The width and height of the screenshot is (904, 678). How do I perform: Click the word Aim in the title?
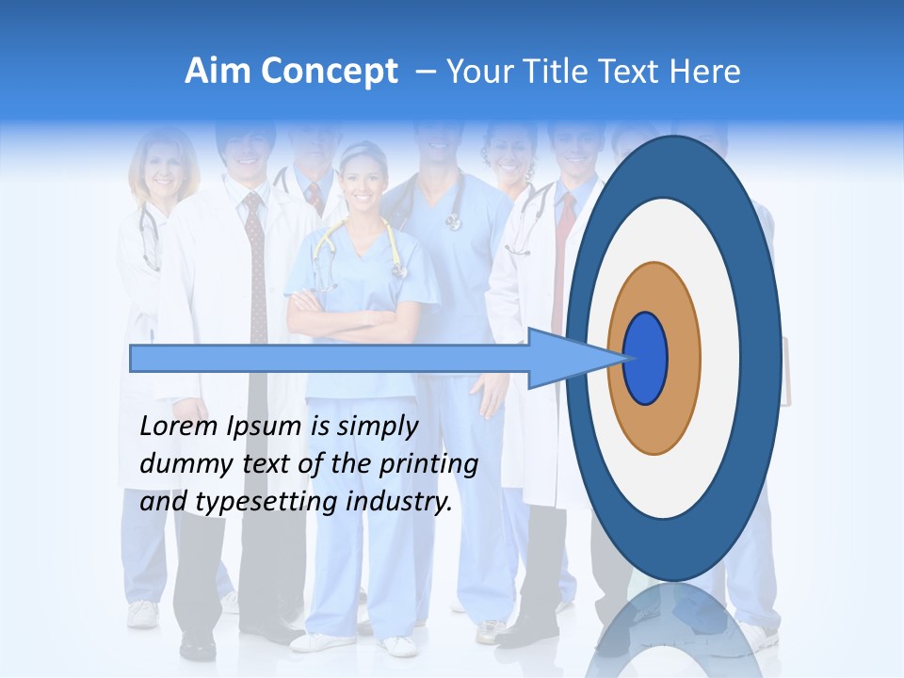tap(218, 72)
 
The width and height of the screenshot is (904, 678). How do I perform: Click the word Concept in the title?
tap(329, 72)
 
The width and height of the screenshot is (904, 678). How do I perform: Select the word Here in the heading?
tap(704, 72)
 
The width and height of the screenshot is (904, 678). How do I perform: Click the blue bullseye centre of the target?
tap(646, 359)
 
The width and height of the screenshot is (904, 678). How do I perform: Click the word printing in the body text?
tap(428, 465)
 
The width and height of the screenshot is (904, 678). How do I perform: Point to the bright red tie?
tap(564, 254)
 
